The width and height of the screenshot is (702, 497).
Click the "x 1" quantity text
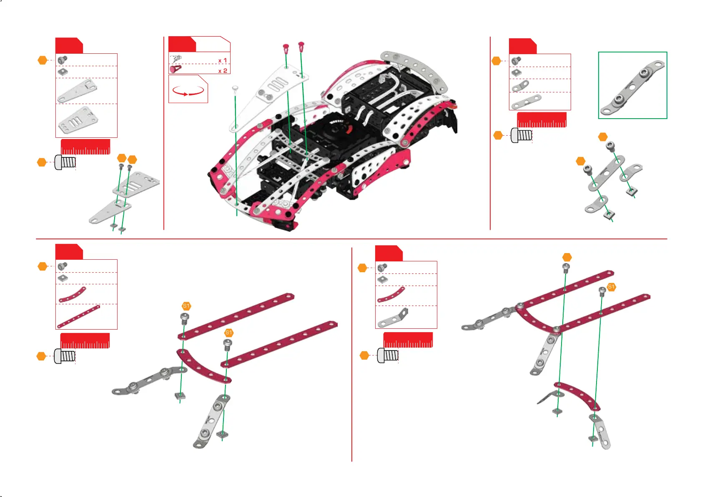coord(223,60)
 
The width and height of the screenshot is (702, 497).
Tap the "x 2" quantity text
coord(223,71)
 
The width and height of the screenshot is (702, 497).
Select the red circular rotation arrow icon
coord(188,91)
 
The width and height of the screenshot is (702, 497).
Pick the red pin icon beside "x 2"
coord(175,68)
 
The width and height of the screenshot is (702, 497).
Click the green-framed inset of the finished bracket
coord(632,85)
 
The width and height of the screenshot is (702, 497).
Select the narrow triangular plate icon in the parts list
coord(78,91)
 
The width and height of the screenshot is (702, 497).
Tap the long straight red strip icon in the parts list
coord(78,317)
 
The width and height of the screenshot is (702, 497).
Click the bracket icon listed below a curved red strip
coord(393,318)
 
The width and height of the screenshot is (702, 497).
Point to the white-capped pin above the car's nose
coord(235,89)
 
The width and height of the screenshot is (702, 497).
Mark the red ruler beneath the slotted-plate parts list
coord(85,147)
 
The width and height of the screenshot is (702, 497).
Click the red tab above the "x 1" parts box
coord(182,44)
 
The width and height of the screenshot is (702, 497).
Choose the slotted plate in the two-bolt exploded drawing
coord(136,183)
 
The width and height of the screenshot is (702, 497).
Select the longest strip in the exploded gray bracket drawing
coord(606,173)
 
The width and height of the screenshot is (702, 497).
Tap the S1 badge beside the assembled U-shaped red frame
coord(611,287)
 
